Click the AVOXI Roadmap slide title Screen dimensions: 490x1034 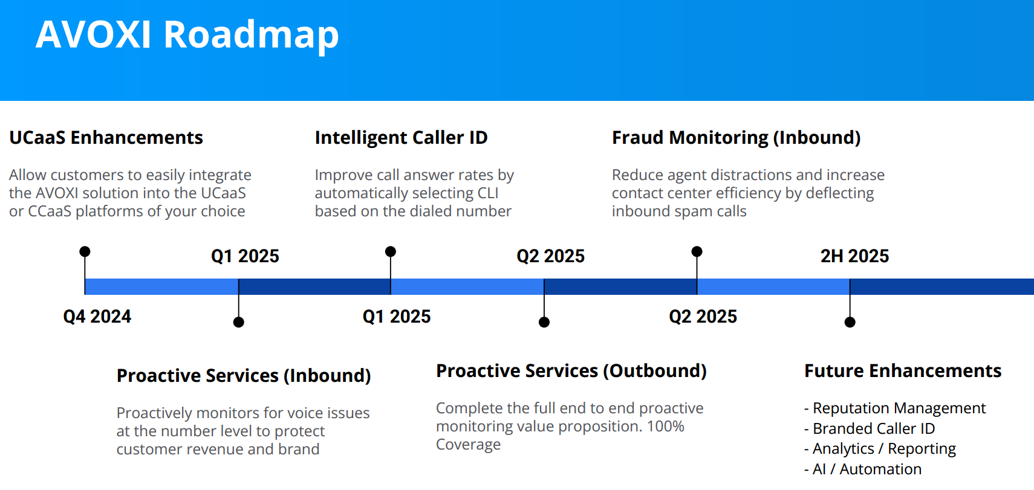(187, 34)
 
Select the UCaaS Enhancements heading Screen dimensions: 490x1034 (106, 138)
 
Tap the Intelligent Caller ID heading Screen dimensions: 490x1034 (401, 138)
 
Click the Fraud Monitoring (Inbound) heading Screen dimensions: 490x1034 (736, 138)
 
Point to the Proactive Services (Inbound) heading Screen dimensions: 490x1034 (243, 376)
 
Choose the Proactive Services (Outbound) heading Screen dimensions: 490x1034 (571, 371)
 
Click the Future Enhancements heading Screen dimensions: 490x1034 (902, 371)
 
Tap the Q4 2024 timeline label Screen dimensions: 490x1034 (97, 317)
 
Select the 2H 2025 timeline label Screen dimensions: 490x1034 (854, 256)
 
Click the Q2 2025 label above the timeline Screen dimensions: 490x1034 (550, 256)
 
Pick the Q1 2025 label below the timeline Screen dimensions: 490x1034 (396, 317)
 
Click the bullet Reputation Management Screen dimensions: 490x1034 (899, 408)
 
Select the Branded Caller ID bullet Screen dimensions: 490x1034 (873, 429)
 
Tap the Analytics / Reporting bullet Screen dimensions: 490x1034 (883, 449)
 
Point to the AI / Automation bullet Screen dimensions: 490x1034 (867, 469)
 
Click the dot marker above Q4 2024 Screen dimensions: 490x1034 (85, 251)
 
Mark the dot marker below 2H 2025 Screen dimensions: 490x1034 (850, 322)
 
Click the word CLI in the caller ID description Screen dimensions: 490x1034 (488, 193)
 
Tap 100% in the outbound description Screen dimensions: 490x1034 (665, 427)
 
